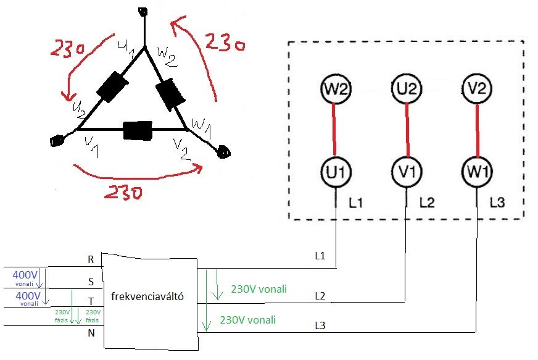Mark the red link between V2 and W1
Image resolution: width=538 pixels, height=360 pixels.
click(x=477, y=130)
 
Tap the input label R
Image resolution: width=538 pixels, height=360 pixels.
click(x=91, y=260)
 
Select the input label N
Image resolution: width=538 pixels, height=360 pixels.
click(x=91, y=333)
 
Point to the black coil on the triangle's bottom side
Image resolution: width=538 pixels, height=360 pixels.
click(x=138, y=131)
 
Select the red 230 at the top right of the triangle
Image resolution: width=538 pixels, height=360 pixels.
click(x=224, y=44)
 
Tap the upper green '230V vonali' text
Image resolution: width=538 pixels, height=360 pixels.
click(x=259, y=289)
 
